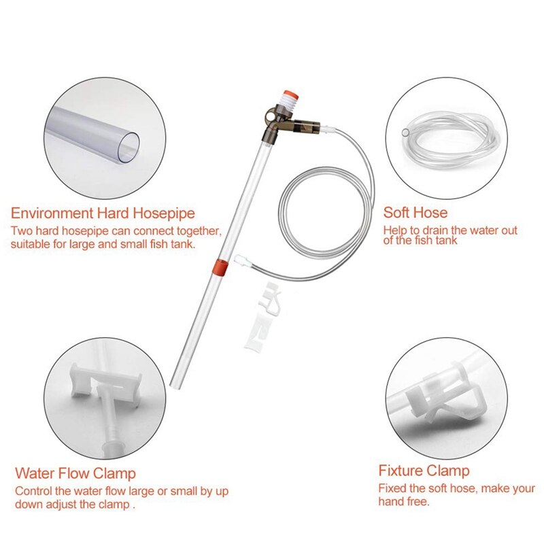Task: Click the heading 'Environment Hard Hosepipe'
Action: coord(103,213)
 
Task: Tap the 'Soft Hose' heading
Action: coord(415,213)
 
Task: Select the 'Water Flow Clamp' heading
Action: coord(75,473)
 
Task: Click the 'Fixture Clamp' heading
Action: coord(424,471)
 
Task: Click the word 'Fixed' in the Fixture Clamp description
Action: coord(392,488)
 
